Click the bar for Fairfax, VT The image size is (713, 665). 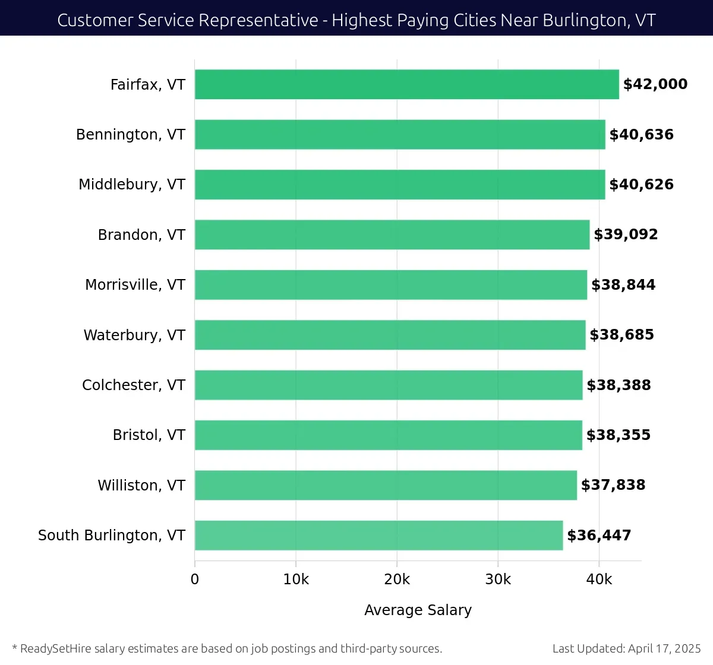[x=406, y=84]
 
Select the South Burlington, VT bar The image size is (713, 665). [x=378, y=536]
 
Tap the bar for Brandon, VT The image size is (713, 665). [x=392, y=235]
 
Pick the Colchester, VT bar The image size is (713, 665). [x=389, y=385]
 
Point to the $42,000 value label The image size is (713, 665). [x=655, y=84]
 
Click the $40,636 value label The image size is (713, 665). [x=641, y=135]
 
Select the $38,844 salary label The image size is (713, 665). [x=623, y=285]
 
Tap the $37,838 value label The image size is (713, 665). [x=613, y=485]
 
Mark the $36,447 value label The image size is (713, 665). [x=599, y=536]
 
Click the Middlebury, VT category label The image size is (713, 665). [x=132, y=185]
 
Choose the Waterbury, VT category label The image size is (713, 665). [x=134, y=335]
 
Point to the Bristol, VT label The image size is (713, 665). [x=149, y=435]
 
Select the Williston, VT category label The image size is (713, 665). [x=141, y=486]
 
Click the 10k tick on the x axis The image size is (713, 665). [x=296, y=579]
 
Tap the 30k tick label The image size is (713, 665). [x=498, y=579]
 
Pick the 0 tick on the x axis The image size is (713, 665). [x=195, y=579]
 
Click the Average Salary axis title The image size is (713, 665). [x=418, y=610]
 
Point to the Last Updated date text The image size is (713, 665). [x=626, y=648]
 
